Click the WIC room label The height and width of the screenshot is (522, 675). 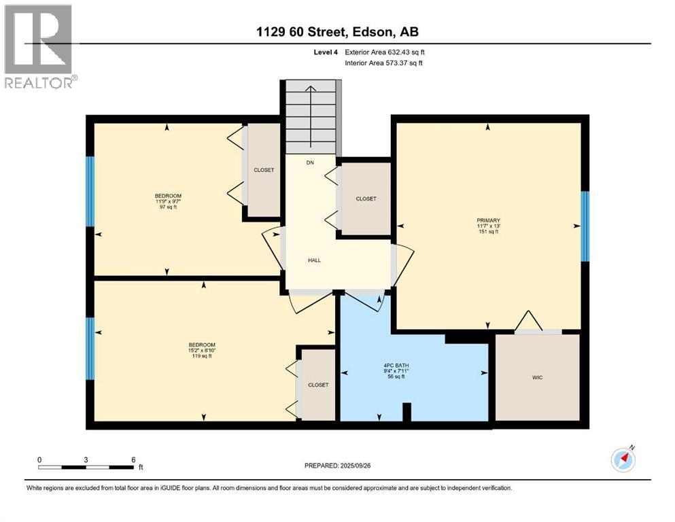point(537,377)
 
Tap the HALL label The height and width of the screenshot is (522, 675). point(314,260)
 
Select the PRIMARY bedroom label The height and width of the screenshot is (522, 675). point(488,220)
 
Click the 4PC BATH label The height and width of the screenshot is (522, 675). point(396,366)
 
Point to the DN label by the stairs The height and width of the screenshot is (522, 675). point(310,162)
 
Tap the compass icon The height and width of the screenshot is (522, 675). point(623,459)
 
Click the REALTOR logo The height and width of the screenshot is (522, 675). point(39,46)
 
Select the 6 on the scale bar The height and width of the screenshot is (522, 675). point(133,459)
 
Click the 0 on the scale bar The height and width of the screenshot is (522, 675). point(39,459)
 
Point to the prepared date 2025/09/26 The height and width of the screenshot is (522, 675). point(356,466)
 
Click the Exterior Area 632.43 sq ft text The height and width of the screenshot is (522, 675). point(385,52)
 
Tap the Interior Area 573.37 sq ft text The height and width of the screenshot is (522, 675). point(383,63)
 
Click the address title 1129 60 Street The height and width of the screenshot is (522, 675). point(301,32)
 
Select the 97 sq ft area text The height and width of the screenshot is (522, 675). point(169,207)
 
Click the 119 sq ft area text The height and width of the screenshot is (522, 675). point(202,356)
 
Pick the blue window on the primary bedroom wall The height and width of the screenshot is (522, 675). point(585,226)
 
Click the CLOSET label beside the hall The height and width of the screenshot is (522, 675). point(366,199)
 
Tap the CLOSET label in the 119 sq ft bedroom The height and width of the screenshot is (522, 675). point(318,385)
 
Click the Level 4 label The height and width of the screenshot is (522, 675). point(326,52)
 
